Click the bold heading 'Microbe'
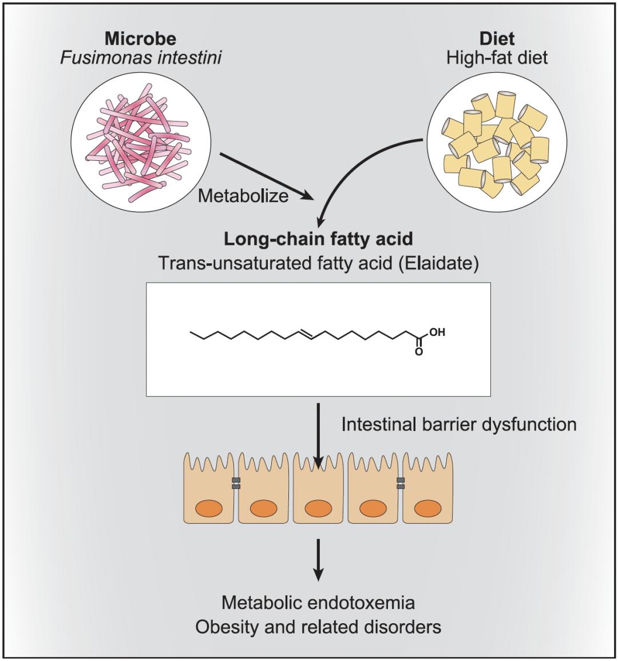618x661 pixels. coord(140,39)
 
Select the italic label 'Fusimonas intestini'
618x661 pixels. coord(141,58)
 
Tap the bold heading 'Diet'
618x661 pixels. coord(497,39)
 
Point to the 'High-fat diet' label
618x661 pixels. coord(497,58)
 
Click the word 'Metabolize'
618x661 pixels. coord(243,196)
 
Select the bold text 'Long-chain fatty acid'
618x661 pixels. coord(318,239)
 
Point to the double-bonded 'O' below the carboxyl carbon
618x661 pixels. coord(418,351)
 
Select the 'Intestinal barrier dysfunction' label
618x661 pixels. coord(458,424)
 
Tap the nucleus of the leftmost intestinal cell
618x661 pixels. coord(208,508)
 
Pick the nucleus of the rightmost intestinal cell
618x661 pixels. coord(427,508)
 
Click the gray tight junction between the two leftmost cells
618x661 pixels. coord(236,483)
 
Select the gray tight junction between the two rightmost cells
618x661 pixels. coord(401,483)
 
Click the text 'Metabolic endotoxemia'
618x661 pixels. coord(318,603)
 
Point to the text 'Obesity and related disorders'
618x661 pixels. coord(318,627)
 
